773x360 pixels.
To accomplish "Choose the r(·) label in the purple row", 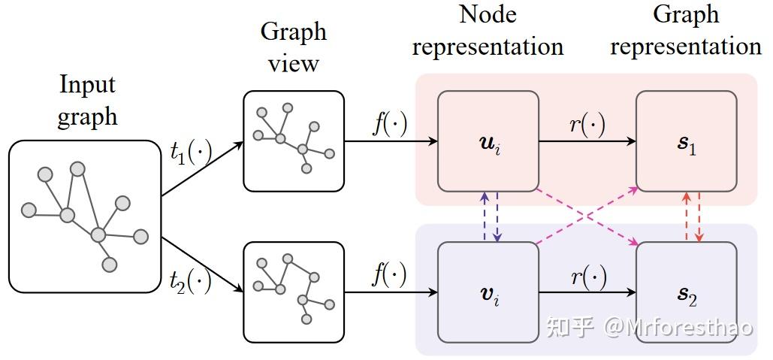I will click(587, 277).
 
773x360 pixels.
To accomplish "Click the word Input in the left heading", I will click(87, 84).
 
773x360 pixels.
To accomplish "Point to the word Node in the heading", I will click(488, 14).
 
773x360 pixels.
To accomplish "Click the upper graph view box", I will click(293, 141).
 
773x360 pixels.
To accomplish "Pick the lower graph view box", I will click(293, 292).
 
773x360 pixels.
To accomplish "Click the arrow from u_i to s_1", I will click(587, 141).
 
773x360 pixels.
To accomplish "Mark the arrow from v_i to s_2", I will click(587, 292).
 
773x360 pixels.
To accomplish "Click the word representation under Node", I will click(488, 47).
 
